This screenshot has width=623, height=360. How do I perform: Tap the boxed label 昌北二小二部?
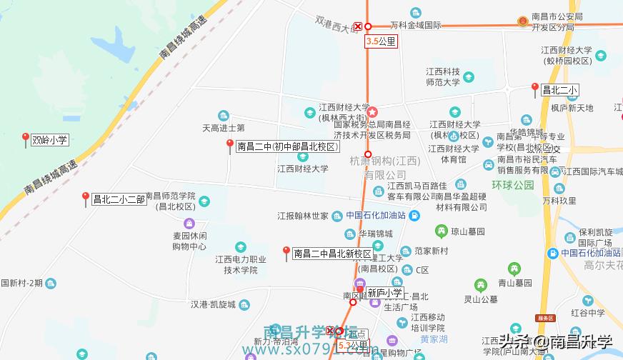(119, 199)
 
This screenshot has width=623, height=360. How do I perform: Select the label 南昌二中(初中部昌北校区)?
(287, 147)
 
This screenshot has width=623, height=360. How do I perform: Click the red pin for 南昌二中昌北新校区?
(286, 252)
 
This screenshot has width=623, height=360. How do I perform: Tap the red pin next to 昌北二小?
(534, 89)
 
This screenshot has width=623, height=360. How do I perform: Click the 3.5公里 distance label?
(380, 41)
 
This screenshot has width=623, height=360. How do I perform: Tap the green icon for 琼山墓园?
(442, 231)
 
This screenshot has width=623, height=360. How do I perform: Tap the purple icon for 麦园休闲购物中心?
(189, 223)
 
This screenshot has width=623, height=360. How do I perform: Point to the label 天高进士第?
(224, 129)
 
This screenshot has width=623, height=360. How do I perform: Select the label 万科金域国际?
(415, 26)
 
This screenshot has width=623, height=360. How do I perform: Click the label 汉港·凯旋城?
(214, 304)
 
